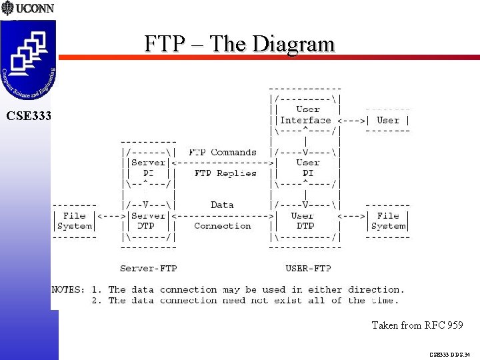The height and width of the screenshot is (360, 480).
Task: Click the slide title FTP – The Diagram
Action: click(239, 44)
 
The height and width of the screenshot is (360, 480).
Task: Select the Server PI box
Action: click(148, 167)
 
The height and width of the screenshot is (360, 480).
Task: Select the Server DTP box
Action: click(148, 221)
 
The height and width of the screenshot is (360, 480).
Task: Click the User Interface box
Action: click(306, 115)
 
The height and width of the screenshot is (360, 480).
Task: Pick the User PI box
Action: click(307, 167)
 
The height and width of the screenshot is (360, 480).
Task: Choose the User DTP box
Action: click(304, 221)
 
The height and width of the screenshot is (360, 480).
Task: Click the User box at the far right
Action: click(388, 121)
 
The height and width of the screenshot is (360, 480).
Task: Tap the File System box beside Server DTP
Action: click(74, 221)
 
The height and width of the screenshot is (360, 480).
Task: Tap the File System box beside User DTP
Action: click(388, 221)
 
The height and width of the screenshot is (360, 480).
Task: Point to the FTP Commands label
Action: click(222, 152)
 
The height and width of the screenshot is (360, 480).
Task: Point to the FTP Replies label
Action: click(225, 173)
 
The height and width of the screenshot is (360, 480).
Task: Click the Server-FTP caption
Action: click(148, 269)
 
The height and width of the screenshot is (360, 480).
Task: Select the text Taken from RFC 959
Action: click(417, 325)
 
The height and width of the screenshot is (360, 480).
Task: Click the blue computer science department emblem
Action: click(29, 56)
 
